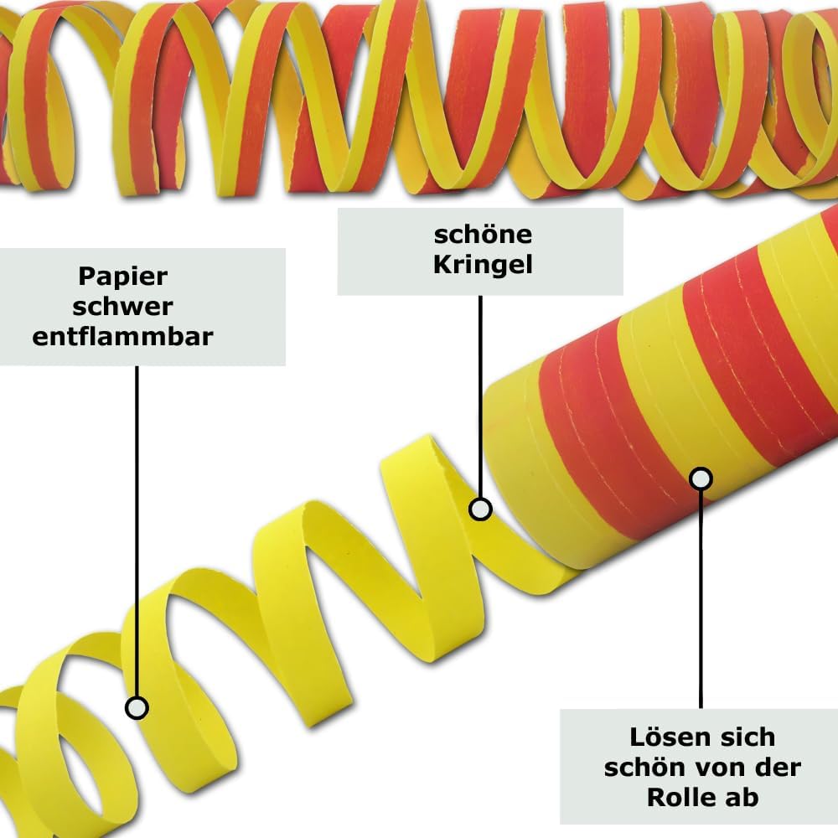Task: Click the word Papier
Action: (x=122, y=276)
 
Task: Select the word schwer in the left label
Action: (x=122, y=306)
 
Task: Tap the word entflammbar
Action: (x=122, y=336)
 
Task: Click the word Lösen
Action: (x=664, y=738)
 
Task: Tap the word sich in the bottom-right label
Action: (x=744, y=738)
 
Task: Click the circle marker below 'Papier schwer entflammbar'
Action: (x=137, y=707)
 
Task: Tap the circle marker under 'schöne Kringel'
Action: (x=480, y=509)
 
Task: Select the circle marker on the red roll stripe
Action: (x=701, y=479)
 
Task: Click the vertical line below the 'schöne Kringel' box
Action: (x=480, y=394)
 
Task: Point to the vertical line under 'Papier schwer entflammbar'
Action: (x=137, y=528)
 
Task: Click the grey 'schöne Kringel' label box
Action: (x=480, y=251)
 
